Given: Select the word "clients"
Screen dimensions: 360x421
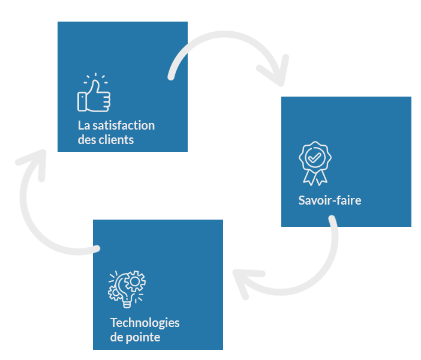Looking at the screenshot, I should (118, 140).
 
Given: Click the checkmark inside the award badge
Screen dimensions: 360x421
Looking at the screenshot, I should (315, 157).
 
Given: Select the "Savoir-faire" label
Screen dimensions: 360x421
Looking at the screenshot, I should (329, 200).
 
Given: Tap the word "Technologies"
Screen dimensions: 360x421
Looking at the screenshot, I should (145, 323).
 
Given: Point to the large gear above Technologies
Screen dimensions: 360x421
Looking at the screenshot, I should (136, 281).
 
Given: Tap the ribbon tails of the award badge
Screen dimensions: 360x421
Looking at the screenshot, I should (315, 177).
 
